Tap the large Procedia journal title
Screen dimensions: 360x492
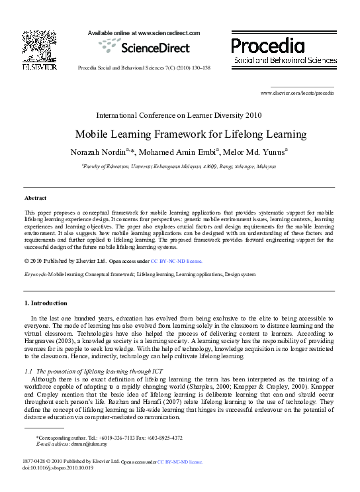[268, 45]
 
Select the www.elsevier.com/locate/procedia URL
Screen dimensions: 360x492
[297, 93]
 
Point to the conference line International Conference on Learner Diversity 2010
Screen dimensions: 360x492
[188, 115]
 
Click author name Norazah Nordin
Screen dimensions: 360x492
[97, 152]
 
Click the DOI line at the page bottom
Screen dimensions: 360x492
[58, 467]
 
